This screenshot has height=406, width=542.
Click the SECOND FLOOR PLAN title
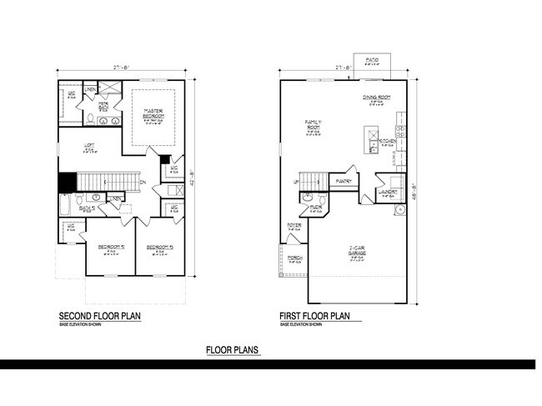[x=100, y=317]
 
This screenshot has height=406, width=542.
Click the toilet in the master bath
[x=89, y=120]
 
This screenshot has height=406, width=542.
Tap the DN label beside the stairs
[x=143, y=182]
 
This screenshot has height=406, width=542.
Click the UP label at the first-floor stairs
[x=295, y=182]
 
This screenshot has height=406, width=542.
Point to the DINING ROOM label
[x=377, y=98]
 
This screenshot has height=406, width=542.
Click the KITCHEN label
[x=387, y=142]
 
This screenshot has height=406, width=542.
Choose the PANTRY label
[x=343, y=180]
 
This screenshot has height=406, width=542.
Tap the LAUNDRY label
[x=386, y=192]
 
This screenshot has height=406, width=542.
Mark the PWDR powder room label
[x=315, y=207]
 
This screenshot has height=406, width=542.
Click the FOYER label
[x=294, y=225]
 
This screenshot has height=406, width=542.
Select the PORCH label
[x=295, y=258]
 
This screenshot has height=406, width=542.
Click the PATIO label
[x=372, y=60]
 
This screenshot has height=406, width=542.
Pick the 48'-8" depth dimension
[x=413, y=189]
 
